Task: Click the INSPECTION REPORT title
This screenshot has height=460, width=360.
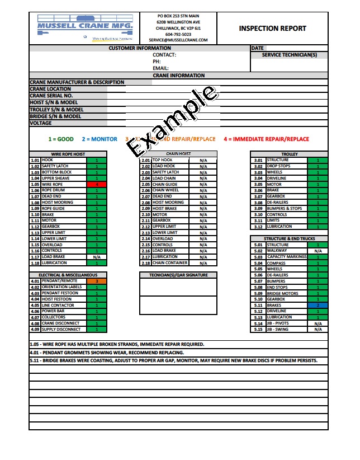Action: (x=272, y=28)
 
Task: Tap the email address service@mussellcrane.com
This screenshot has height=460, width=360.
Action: (x=178, y=40)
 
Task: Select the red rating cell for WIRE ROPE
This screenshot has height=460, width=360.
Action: (x=96, y=184)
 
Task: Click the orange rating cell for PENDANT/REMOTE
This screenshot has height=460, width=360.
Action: (x=96, y=281)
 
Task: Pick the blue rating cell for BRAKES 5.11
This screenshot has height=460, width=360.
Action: (x=318, y=306)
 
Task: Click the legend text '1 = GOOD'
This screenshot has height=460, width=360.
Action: (x=61, y=139)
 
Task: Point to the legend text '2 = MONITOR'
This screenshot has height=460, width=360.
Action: (x=100, y=139)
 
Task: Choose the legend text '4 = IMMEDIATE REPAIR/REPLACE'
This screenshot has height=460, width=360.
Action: (x=266, y=139)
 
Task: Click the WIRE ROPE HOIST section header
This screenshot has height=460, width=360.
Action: (x=68, y=154)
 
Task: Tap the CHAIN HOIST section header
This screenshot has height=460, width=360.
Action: (x=178, y=154)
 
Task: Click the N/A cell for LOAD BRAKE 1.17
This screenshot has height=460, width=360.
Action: (x=96, y=257)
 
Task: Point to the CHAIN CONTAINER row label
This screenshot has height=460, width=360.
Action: (x=169, y=263)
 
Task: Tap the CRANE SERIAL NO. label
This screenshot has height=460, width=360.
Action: (x=51, y=96)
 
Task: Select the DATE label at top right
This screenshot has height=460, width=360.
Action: (x=257, y=49)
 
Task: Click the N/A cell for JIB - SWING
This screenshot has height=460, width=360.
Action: (x=318, y=329)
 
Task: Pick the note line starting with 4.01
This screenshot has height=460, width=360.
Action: (x=117, y=353)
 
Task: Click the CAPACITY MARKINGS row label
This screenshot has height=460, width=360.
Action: (x=286, y=257)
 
